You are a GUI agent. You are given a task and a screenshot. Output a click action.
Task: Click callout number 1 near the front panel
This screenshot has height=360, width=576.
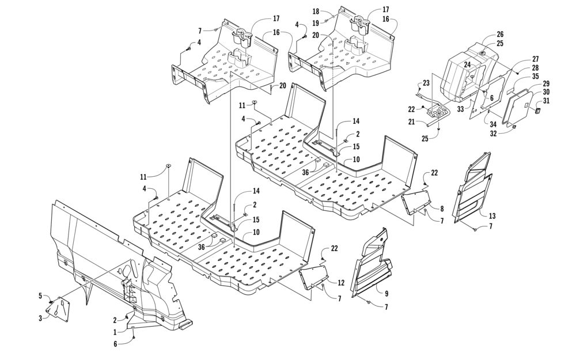[x=115, y=332]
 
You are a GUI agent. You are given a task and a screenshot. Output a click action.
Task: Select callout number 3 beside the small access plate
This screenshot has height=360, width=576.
[x=41, y=318]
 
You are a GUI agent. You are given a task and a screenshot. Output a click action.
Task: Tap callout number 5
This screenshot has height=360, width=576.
[x=41, y=295]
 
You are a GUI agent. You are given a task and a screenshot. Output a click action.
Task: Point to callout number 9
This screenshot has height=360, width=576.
[x=386, y=294]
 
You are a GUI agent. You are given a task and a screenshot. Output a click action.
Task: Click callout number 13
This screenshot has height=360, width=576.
[x=492, y=215]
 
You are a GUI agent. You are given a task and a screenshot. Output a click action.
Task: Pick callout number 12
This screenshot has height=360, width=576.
[x=341, y=283]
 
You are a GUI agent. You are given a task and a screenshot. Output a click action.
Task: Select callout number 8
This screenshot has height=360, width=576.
[x=442, y=209]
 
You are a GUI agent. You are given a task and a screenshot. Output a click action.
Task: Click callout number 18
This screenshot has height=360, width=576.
[x=316, y=12]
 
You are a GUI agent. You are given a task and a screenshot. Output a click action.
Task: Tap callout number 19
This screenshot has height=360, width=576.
[x=316, y=23]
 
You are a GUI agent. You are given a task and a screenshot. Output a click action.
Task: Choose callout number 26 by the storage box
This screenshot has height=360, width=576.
[x=500, y=35]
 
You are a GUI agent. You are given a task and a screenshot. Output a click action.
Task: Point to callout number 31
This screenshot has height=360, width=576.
[x=546, y=101]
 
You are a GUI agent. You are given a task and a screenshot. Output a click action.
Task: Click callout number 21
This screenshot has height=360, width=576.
[x=411, y=122]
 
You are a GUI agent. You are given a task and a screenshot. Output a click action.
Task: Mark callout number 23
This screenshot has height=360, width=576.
[x=426, y=83]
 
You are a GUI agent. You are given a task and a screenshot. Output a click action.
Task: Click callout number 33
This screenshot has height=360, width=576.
[x=461, y=109]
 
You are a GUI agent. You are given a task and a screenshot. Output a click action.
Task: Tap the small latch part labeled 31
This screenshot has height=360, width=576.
[x=537, y=110]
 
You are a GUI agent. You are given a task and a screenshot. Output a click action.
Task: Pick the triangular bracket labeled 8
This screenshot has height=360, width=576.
[x=416, y=201]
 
